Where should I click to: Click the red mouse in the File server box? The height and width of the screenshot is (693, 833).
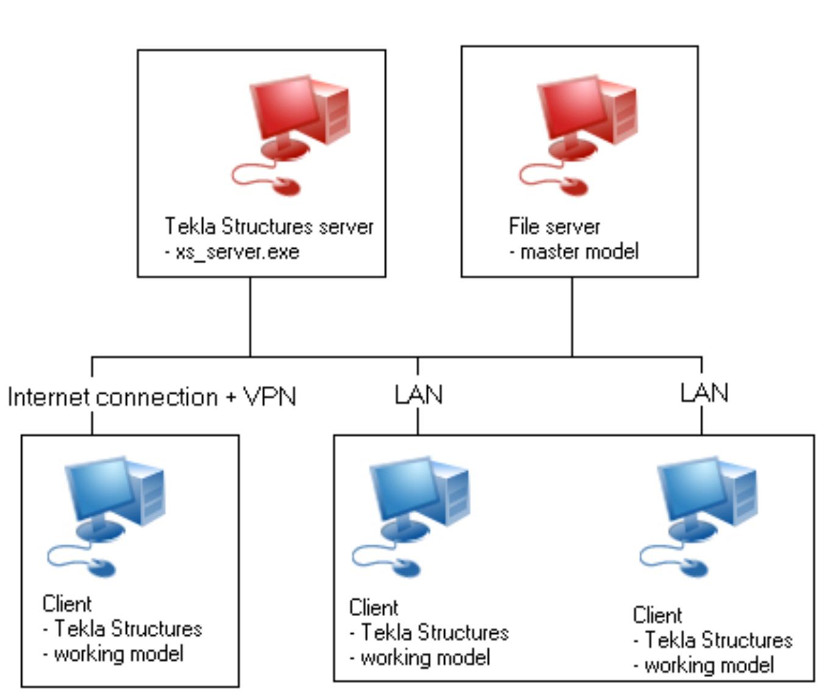[571, 186]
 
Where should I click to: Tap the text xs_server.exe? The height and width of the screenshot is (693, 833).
[237, 252]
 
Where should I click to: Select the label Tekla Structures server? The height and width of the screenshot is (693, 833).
[269, 227]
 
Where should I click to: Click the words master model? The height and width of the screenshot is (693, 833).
[579, 252]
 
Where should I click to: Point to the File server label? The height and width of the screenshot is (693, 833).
[554, 227]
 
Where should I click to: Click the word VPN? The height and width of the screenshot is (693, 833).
[270, 397]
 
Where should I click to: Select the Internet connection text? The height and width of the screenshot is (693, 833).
[113, 397]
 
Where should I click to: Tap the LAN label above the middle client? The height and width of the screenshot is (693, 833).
[418, 395]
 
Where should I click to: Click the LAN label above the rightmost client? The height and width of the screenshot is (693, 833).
[704, 393]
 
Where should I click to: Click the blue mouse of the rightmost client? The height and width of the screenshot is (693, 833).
[692, 567]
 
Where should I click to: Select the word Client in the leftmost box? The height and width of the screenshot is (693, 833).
[67, 604]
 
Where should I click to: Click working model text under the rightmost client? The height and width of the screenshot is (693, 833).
[709, 665]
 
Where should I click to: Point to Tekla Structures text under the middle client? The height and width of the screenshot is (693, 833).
[434, 633]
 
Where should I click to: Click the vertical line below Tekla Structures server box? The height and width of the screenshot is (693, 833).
[250, 317]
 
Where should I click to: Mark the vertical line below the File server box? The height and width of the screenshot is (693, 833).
[572, 317]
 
